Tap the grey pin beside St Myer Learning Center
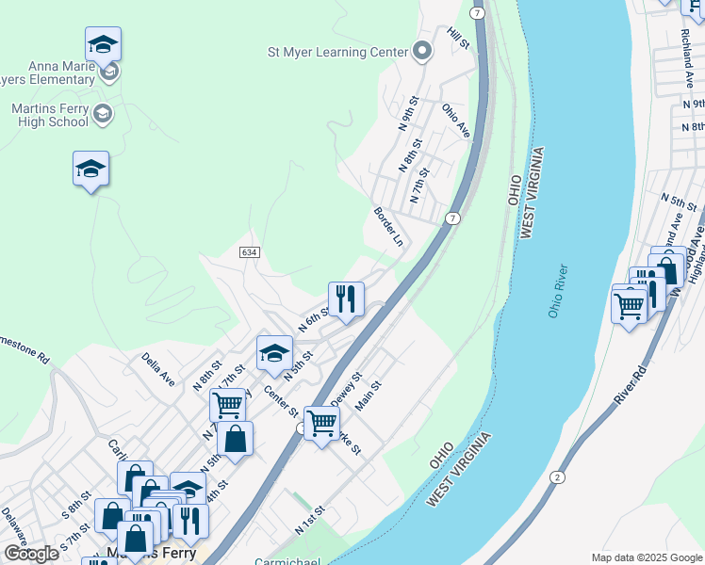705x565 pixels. click(x=422, y=52)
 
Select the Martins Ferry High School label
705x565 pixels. click(x=49, y=115)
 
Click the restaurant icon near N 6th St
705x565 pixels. click(x=346, y=300)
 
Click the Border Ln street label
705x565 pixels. click(x=388, y=227)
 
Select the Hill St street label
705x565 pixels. click(x=458, y=39)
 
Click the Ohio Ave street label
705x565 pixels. click(x=455, y=121)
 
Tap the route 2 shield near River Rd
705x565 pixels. click(x=557, y=476)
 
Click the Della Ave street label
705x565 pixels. click(x=158, y=369)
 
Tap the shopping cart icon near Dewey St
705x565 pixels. click(x=321, y=423)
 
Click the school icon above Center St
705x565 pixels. click(x=273, y=353)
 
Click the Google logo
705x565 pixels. click(x=31, y=554)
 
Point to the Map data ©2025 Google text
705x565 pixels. click(x=646, y=557)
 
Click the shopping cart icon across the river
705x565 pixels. click(x=629, y=304)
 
